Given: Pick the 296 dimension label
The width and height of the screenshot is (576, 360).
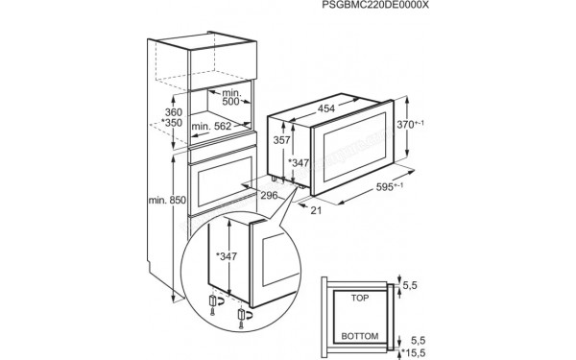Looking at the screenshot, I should coord(271,196).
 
